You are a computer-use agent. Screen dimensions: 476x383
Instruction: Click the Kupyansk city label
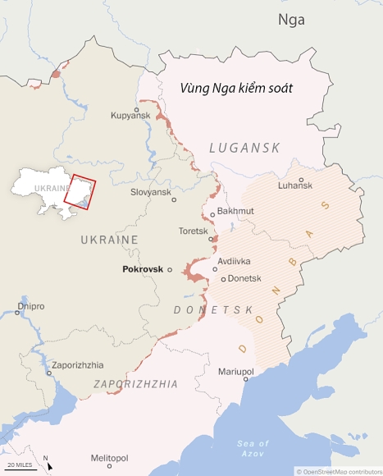(131, 116)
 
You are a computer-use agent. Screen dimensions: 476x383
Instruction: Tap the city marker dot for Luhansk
(301, 180)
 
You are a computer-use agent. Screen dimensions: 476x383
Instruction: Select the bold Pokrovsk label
(143, 269)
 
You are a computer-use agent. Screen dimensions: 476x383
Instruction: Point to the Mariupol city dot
(245, 379)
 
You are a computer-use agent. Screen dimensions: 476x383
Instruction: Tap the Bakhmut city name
(236, 212)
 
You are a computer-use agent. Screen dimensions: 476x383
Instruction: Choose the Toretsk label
(193, 231)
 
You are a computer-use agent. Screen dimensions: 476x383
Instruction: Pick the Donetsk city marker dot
(223, 279)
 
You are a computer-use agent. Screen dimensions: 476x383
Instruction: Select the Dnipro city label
(30, 306)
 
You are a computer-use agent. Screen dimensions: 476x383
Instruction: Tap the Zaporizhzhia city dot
(49, 373)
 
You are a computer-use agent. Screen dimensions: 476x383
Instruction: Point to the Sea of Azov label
(253, 448)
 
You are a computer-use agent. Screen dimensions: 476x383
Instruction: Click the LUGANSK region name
(244, 148)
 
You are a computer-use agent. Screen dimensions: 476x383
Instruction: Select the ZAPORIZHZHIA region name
(136, 383)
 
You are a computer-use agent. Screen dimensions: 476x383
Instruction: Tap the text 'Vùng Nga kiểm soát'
(237, 87)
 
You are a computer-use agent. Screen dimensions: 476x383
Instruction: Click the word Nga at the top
(291, 20)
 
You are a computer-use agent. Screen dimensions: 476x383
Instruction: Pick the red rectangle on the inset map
(80, 193)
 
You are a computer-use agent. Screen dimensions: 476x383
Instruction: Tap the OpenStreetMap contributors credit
(338, 471)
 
